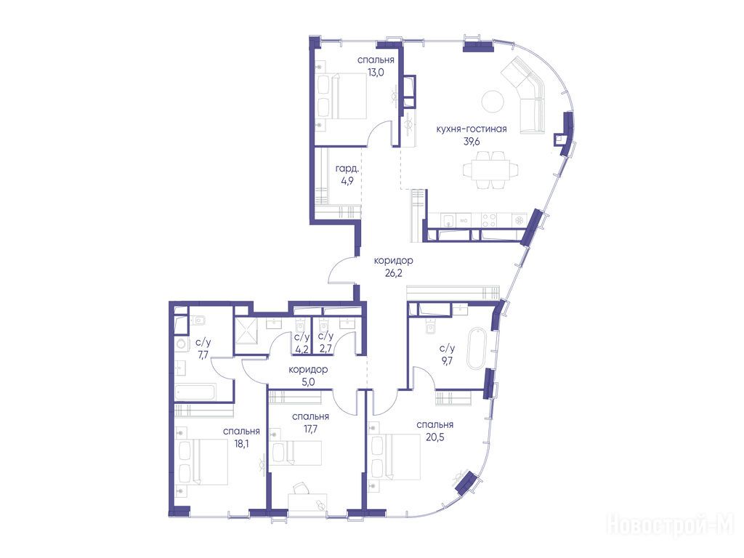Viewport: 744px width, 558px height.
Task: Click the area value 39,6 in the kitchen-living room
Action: point(471,141)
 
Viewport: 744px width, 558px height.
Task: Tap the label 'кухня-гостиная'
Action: point(471,129)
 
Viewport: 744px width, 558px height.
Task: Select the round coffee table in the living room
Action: point(493,101)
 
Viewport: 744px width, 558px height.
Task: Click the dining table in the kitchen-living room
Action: point(490,169)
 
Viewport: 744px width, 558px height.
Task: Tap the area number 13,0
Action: point(376,73)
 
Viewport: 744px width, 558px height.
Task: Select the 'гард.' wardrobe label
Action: point(347,169)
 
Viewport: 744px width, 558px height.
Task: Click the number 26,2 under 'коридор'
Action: point(393,273)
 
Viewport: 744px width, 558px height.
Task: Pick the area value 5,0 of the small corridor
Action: point(308,381)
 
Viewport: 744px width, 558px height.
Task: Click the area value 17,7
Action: point(311,429)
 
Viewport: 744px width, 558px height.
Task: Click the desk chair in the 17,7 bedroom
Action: point(300,488)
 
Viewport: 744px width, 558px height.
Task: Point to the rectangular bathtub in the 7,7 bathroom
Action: point(195,392)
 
